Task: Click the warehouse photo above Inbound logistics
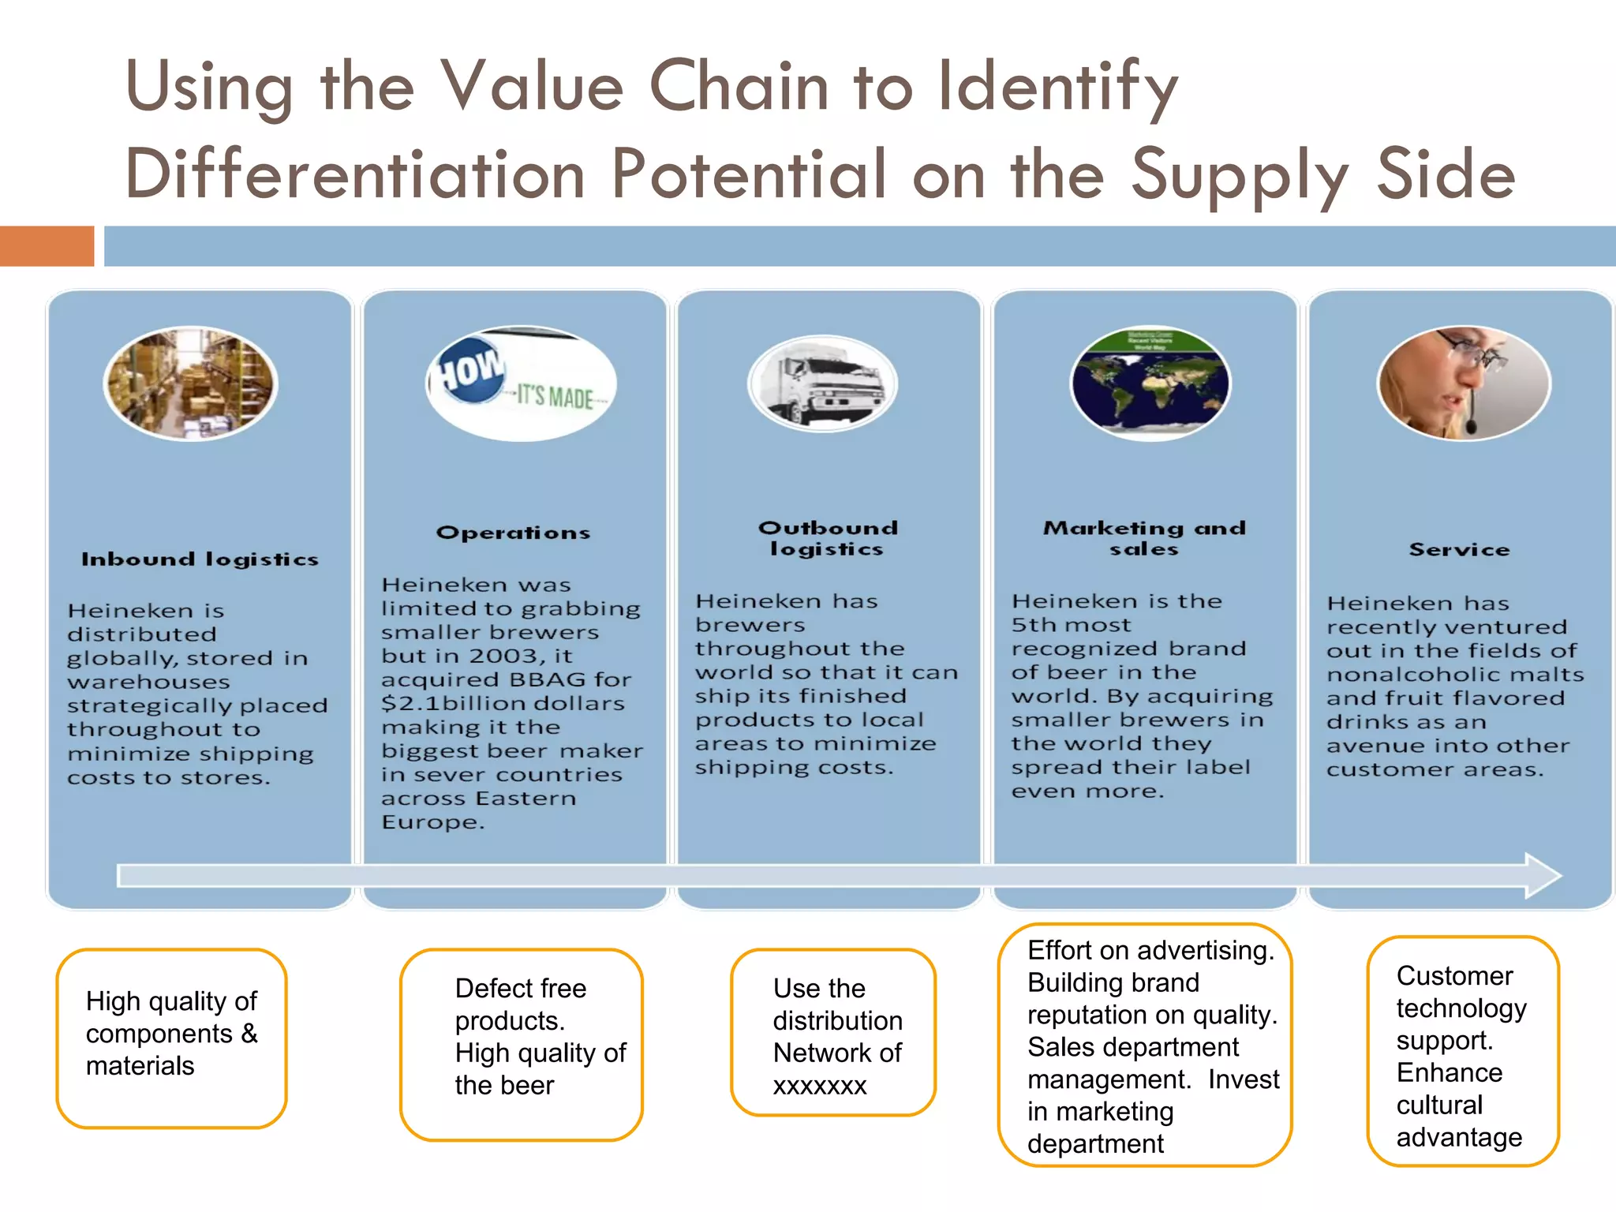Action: (x=191, y=383)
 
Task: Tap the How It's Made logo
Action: (x=521, y=383)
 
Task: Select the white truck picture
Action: (x=823, y=383)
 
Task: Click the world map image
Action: (x=1150, y=383)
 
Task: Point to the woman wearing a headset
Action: (x=1464, y=383)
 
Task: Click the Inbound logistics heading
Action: (x=200, y=559)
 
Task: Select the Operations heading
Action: (x=513, y=533)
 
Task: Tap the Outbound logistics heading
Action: (x=828, y=538)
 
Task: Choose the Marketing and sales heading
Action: (x=1144, y=538)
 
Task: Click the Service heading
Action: (x=1459, y=549)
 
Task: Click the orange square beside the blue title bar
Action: (x=47, y=246)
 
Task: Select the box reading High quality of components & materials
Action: (x=171, y=1038)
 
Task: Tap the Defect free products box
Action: (x=522, y=1044)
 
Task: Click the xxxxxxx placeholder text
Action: (x=820, y=1086)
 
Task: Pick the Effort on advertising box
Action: (x=1144, y=1045)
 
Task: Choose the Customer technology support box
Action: (x=1463, y=1051)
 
